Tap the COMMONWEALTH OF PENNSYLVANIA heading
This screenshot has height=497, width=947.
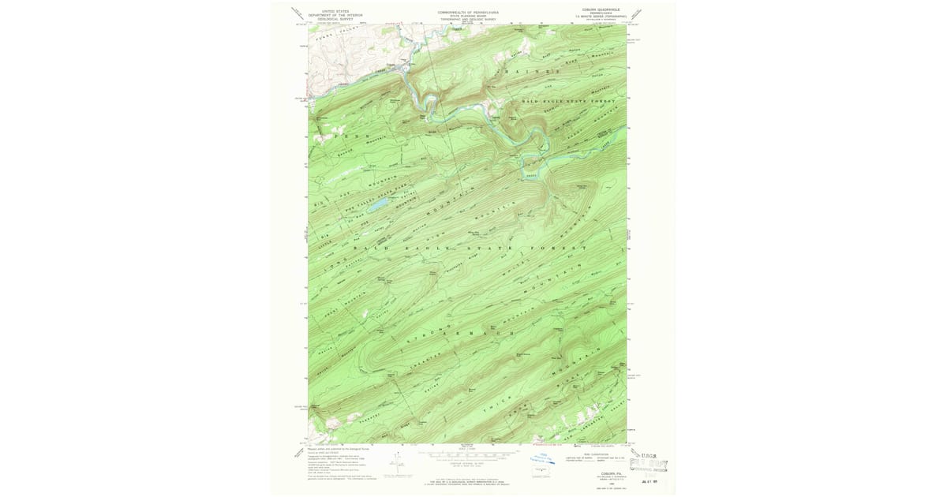(x=468, y=13)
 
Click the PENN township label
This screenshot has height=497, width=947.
(x=341, y=136)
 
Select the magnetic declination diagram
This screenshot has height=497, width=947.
(x=400, y=465)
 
